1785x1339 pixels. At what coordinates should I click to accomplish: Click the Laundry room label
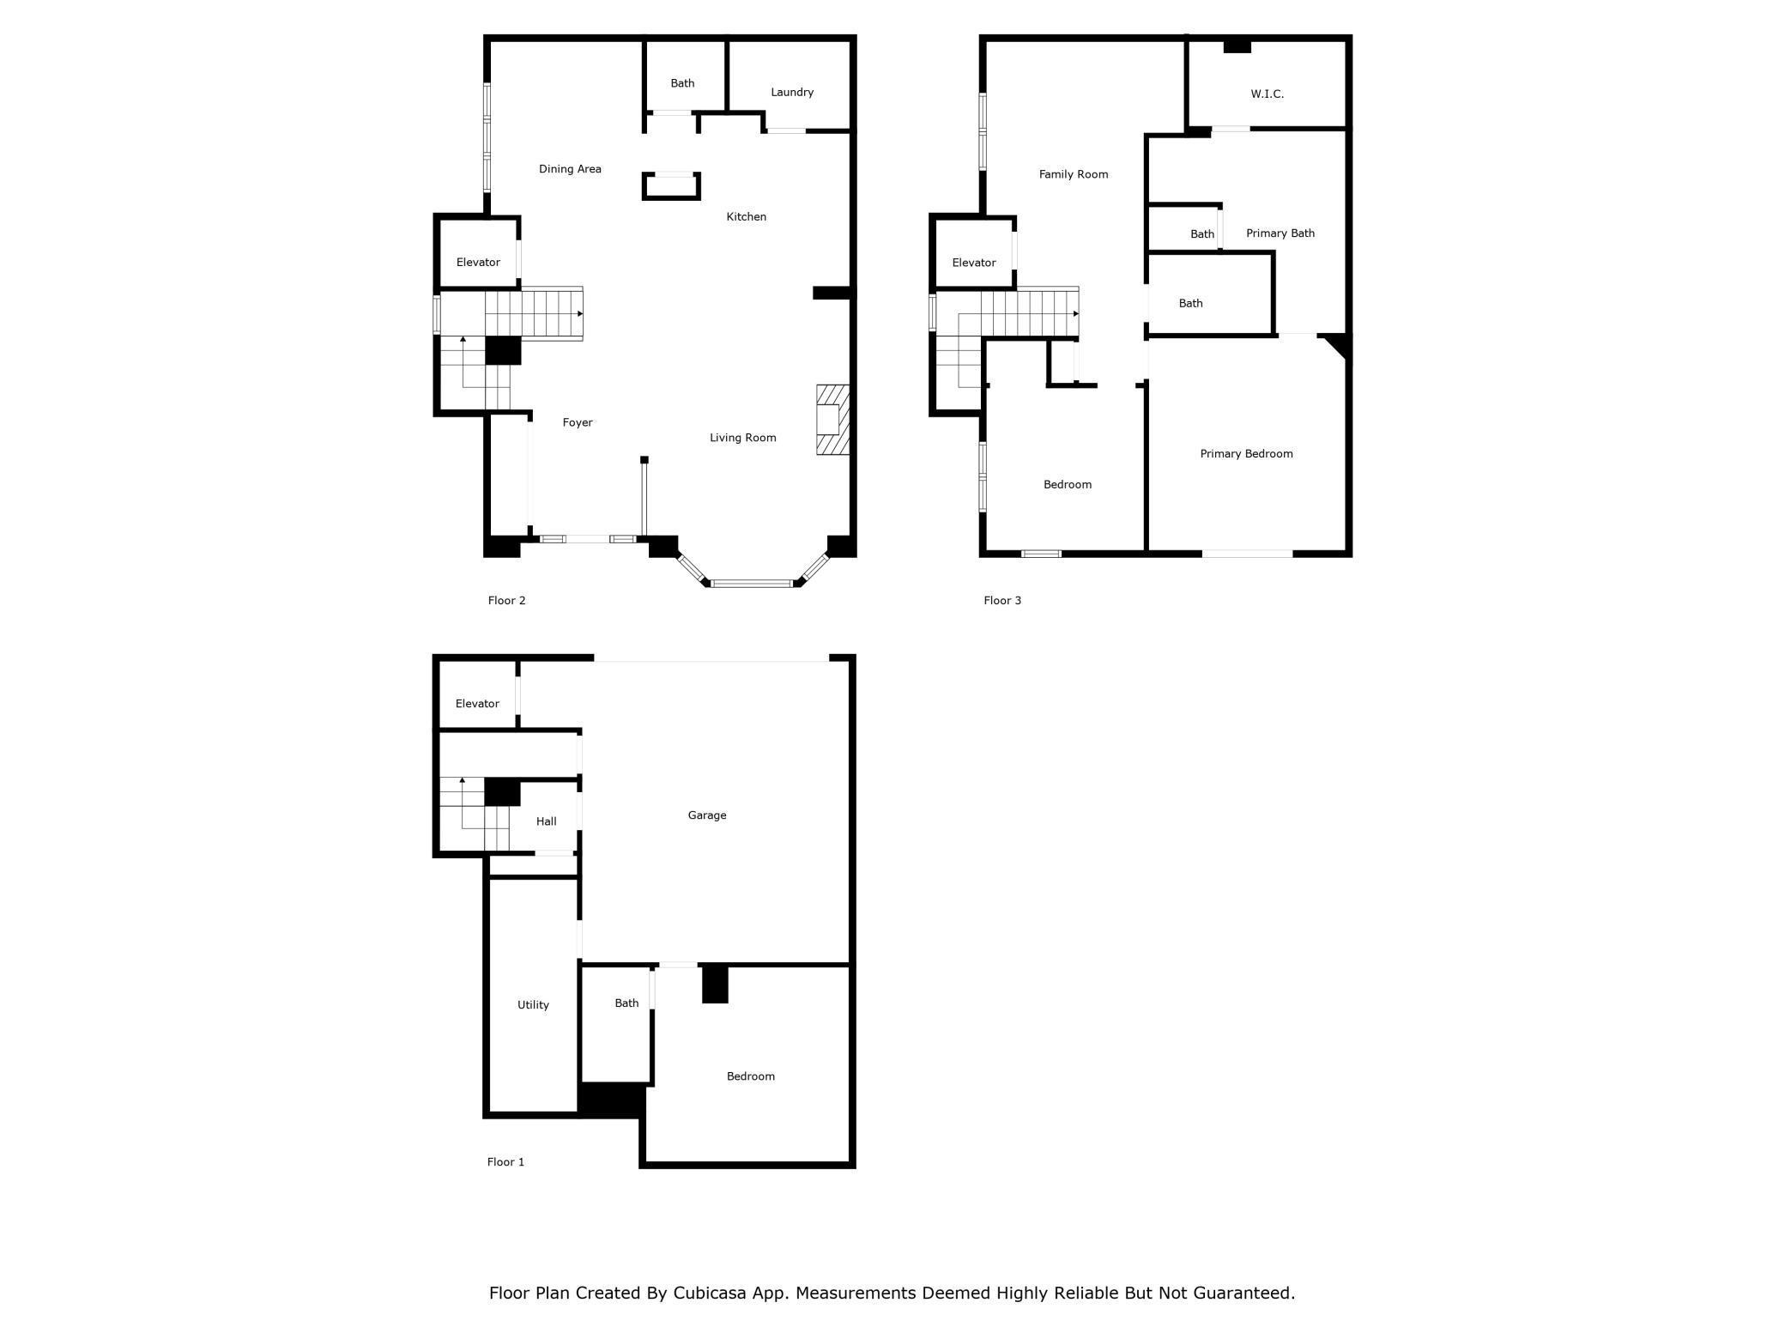[x=792, y=92]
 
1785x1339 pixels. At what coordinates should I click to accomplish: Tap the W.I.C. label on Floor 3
[x=1267, y=94]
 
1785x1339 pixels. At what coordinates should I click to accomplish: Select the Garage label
[x=707, y=815]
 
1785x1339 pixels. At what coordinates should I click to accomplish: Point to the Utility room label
[x=533, y=1005]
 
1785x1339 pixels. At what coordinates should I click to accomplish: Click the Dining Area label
[x=570, y=169]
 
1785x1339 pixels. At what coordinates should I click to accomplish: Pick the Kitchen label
[x=747, y=217]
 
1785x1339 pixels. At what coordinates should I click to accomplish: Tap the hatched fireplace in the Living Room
[x=832, y=420]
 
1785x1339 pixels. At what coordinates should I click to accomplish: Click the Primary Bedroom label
[x=1246, y=454]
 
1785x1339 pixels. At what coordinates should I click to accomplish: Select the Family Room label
[x=1074, y=174]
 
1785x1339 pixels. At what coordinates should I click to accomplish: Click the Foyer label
[x=578, y=422]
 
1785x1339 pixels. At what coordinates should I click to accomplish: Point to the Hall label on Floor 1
[x=547, y=821]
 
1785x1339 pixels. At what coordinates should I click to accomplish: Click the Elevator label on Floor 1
[x=477, y=704]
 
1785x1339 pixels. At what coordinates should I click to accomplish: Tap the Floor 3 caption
[x=1002, y=601]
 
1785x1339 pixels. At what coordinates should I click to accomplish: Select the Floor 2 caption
[x=506, y=601]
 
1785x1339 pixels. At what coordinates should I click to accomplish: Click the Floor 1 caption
[x=505, y=1162]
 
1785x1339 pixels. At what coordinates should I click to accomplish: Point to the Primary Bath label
[x=1280, y=233]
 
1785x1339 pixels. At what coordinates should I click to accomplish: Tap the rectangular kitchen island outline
[x=671, y=186]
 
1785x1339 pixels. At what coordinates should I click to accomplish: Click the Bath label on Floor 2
[x=682, y=83]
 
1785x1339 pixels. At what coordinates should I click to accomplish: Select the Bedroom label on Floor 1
[x=751, y=1076]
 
